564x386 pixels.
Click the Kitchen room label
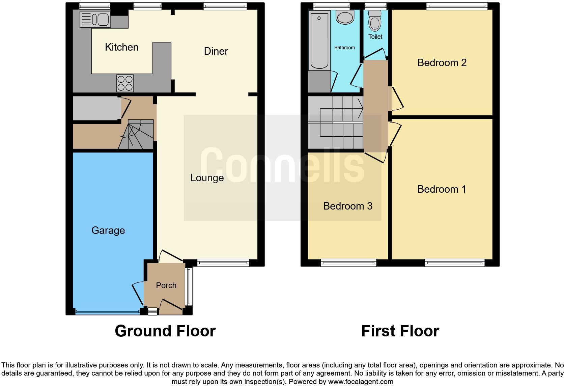(x=121, y=47)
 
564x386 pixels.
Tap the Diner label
(x=216, y=51)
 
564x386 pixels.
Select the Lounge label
(x=207, y=178)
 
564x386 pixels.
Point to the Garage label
(x=108, y=230)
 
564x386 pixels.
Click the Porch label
(x=166, y=285)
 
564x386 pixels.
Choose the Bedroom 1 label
(x=442, y=189)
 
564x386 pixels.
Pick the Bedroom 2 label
(x=442, y=63)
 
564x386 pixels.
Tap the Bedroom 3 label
(x=347, y=206)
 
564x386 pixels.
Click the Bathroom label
(x=344, y=48)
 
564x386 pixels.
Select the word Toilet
(x=375, y=37)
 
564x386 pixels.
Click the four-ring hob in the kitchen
(x=125, y=83)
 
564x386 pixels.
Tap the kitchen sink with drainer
(x=95, y=19)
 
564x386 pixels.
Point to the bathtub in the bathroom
(x=319, y=40)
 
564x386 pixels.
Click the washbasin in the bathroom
(x=345, y=17)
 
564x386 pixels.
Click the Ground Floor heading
(x=165, y=331)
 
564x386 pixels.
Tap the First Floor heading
(x=400, y=331)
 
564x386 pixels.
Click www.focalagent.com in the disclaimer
(x=360, y=382)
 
